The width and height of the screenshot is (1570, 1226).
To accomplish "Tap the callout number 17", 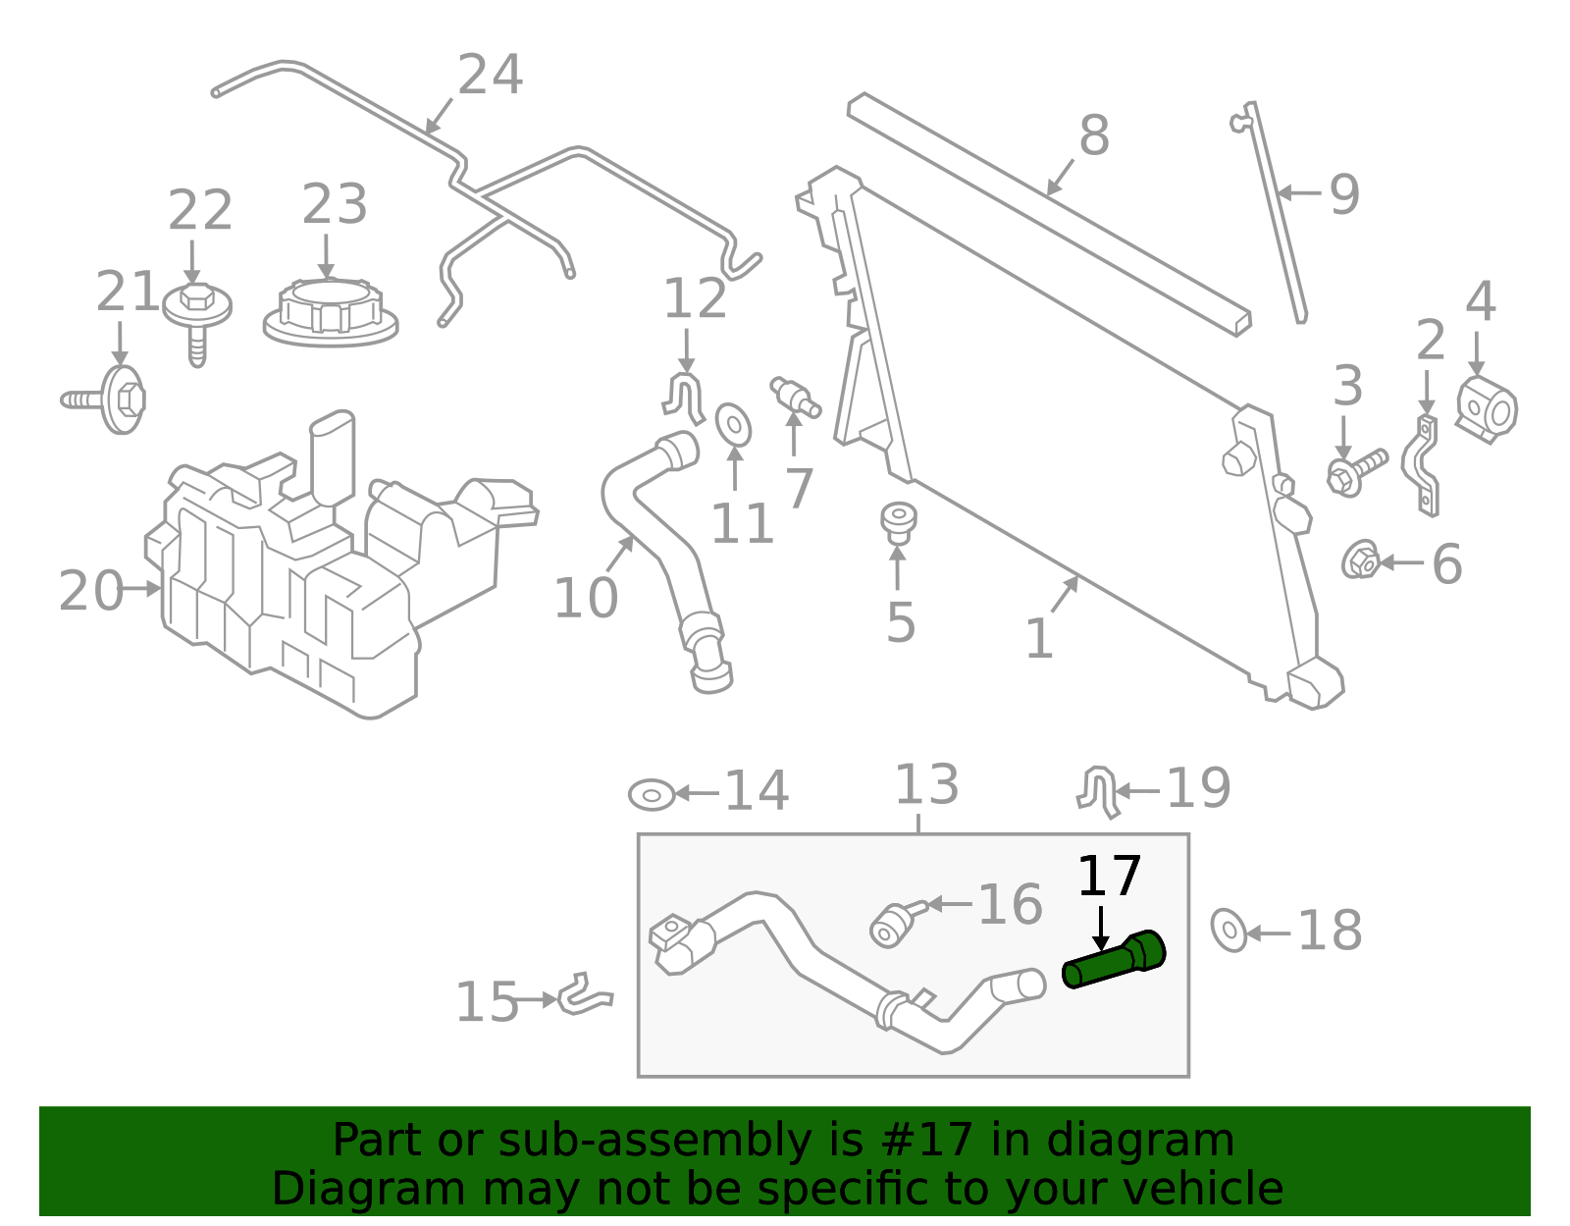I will [x=1109, y=877].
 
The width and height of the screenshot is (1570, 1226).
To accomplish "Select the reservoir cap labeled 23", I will [x=331, y=311].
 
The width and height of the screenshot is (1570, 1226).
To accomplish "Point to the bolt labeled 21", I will [x=111, y=399].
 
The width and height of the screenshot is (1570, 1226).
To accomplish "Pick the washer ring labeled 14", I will [x=652, y=794].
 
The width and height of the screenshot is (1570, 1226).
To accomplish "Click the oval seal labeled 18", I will [x=1228, y=930].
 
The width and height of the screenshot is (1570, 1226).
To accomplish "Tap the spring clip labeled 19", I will [x=1100, y=791].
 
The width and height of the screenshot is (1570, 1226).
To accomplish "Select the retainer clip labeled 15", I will [x=585, y=995].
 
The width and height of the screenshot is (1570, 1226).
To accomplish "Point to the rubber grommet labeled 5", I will [x=898, y=522].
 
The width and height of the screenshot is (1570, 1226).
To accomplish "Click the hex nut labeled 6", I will [x=1360, y=560].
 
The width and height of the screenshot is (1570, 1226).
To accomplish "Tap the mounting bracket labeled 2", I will [x=1423, y=465].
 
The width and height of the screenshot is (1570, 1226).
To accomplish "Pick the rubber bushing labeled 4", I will [x=1488, y=408].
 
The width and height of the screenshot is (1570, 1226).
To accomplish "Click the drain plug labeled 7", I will [x=795, y=396].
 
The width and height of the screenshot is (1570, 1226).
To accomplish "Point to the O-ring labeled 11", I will [x=733, y=424].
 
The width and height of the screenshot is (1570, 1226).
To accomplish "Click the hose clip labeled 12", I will [x=684, y=399].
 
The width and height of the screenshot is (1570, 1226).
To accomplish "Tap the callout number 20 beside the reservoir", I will [x=90, y=591].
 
